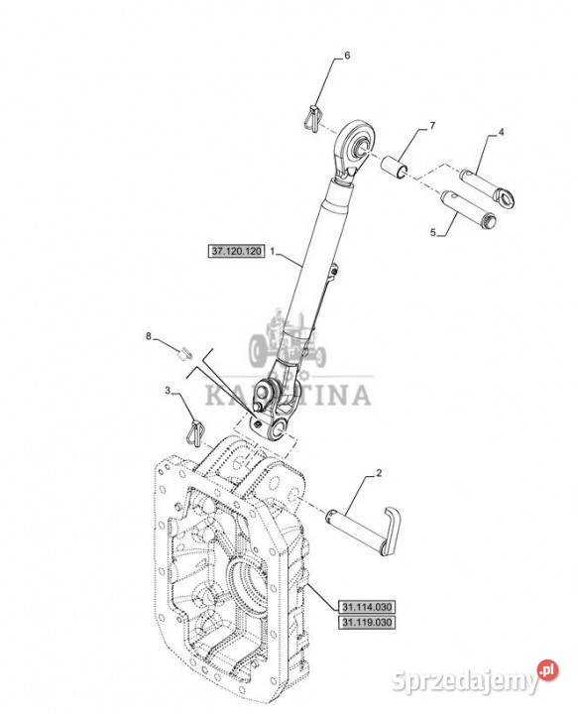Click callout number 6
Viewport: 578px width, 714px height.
(x=347, y=56)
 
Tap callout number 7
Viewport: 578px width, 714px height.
(x=432, y=125)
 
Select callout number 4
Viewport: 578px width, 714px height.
(x=501, y=133)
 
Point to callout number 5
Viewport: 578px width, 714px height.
(x=433, y=232)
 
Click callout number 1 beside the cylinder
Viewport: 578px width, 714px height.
(x=273, y=251)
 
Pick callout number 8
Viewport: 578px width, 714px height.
(x=149, y=336)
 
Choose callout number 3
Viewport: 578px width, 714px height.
(x=168, y=391)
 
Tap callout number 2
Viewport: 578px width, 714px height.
(x=379, y=473)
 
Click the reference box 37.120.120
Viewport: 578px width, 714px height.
(x=237, y=251)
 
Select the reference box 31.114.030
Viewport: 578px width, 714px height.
(x=367, y=607)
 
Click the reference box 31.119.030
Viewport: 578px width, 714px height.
(x=367, y=622)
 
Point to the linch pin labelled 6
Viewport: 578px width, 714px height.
(x=311, y=118)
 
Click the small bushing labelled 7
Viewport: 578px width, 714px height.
(x=395, y=167)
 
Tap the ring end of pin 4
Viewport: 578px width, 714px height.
(x=506, y=198)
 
